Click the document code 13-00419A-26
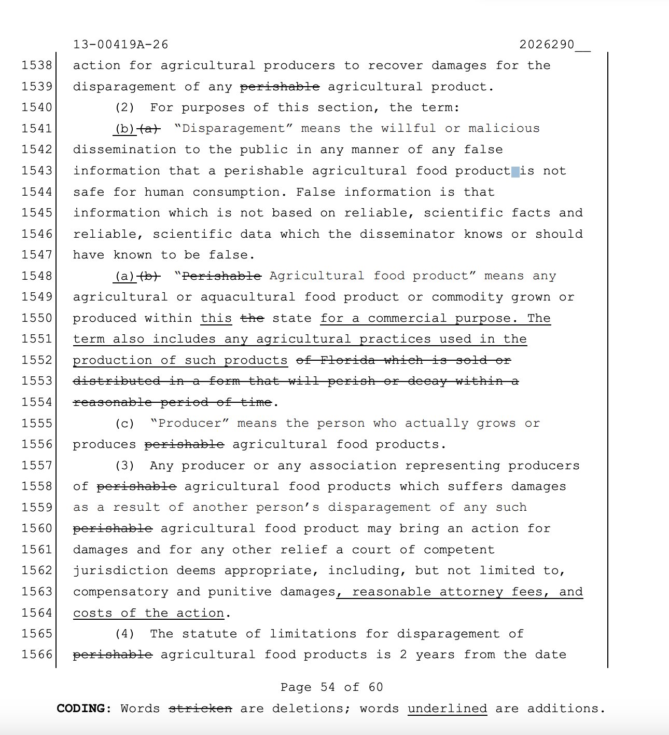[120, 45]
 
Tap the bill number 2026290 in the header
[547, 45]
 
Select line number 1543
[37, 171]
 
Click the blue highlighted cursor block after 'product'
[515, 172]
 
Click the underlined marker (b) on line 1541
[124, 128]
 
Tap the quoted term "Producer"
[189, 423]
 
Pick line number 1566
[37, 655]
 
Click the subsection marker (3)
[124, 466]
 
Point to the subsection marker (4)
[124, 634]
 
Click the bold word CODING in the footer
[83, 709]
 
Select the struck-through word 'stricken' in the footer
[200, 709]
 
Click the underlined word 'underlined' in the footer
[447, 709]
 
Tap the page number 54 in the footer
[328, 687]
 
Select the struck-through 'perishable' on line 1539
[280, 87]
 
